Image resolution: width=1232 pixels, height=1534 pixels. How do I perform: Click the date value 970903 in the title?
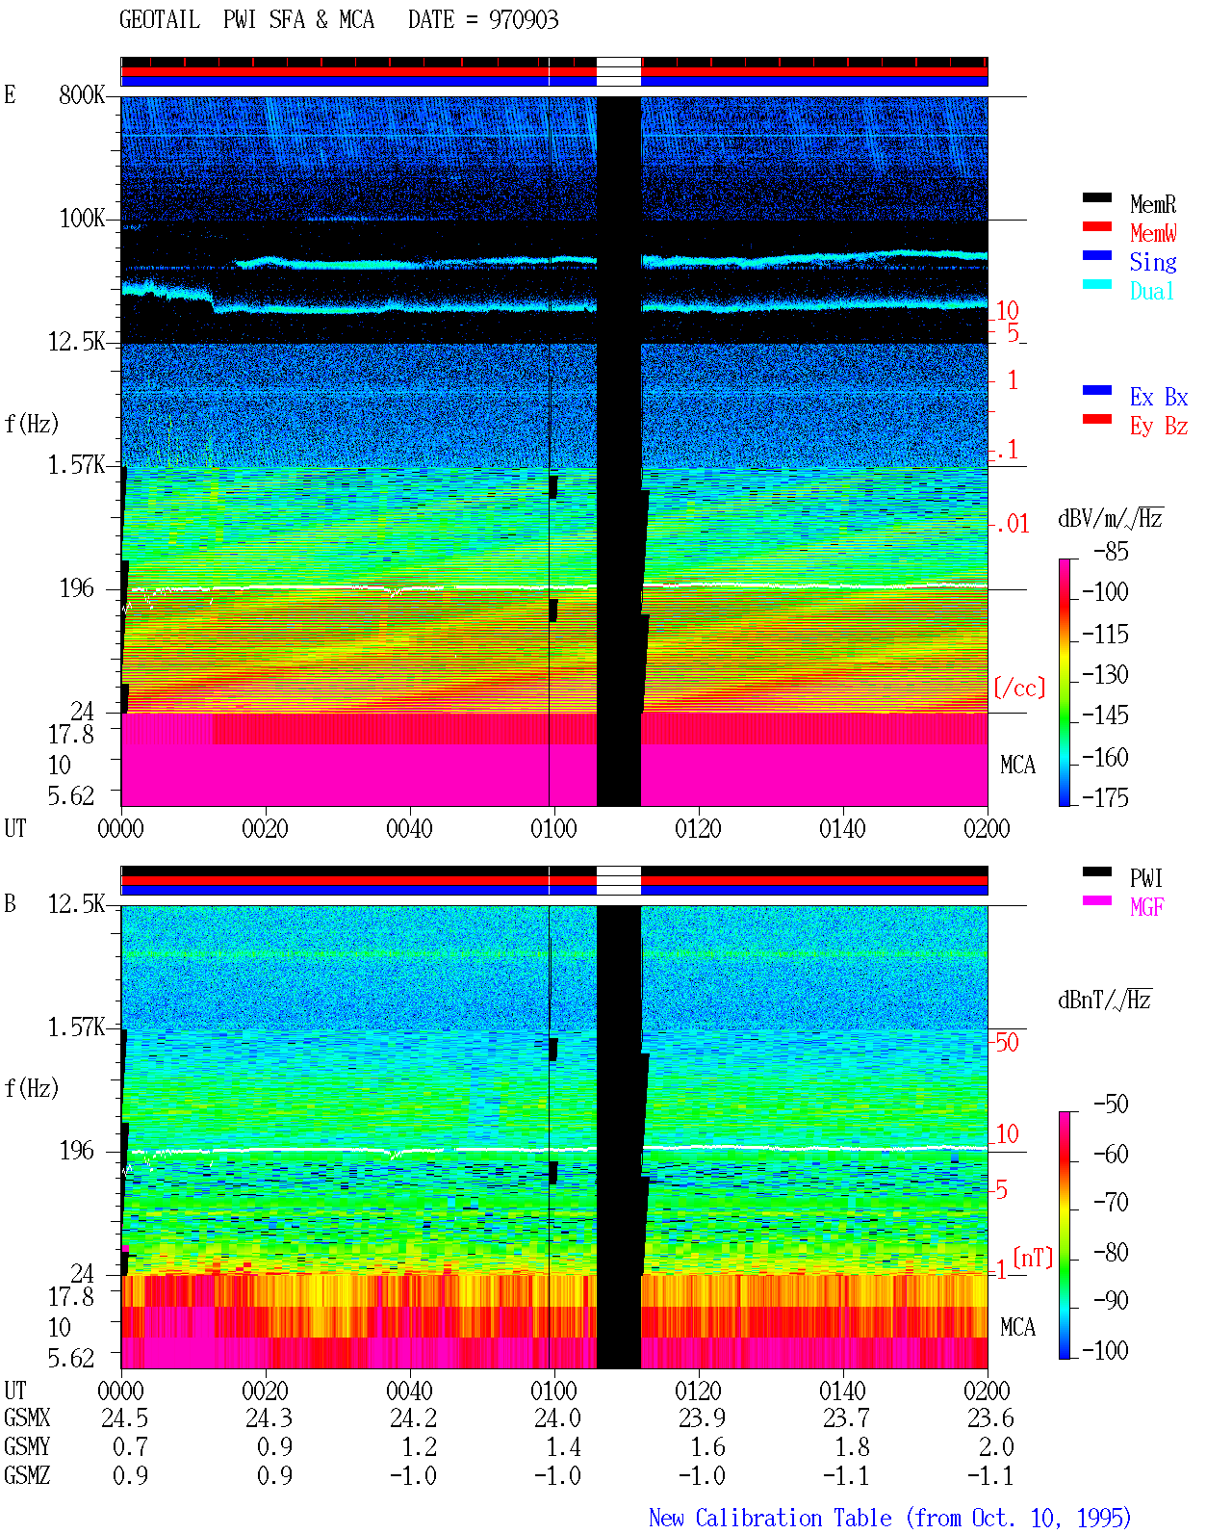[x=523, y=20]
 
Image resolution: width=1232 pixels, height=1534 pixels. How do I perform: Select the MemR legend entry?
[x=1152, y=204]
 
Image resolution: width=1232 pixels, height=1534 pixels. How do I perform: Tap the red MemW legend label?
[x=1153, y=233]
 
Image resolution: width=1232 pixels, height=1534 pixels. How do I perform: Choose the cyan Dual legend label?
[x=1151, y=291]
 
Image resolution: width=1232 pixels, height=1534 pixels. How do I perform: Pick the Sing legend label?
[x=1153, y=262]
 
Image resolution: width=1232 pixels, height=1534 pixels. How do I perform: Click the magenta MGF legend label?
[x=1146, y=907]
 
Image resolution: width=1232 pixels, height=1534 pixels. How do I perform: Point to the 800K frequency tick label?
[x=82, y=94]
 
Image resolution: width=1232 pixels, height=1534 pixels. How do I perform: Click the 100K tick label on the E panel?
[x=82, y=219]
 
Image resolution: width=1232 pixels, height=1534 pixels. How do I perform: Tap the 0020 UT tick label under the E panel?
[x=265, y=828]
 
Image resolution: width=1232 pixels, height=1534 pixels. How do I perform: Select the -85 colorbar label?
[x=1111, y=551]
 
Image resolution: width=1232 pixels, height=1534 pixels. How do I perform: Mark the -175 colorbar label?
[x=1105, y=797]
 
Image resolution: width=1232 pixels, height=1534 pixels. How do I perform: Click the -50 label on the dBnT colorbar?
[x=1111, y=1105]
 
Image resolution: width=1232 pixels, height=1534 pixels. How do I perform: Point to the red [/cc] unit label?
[x=1019, y=688]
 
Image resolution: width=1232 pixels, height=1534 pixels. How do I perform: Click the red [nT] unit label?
[x=1033, y=1258]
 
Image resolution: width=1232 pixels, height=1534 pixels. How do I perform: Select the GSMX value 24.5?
[x=125, y=1418]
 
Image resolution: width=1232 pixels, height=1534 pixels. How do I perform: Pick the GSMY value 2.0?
[x=996, y=1447]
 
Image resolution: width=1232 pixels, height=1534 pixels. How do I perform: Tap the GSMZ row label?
[x=27, y=1475]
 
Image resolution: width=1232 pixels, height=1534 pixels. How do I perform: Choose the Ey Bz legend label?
[x=1159, y=427]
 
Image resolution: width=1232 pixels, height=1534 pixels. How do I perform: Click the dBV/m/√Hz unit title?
[x=1111, y=518]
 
